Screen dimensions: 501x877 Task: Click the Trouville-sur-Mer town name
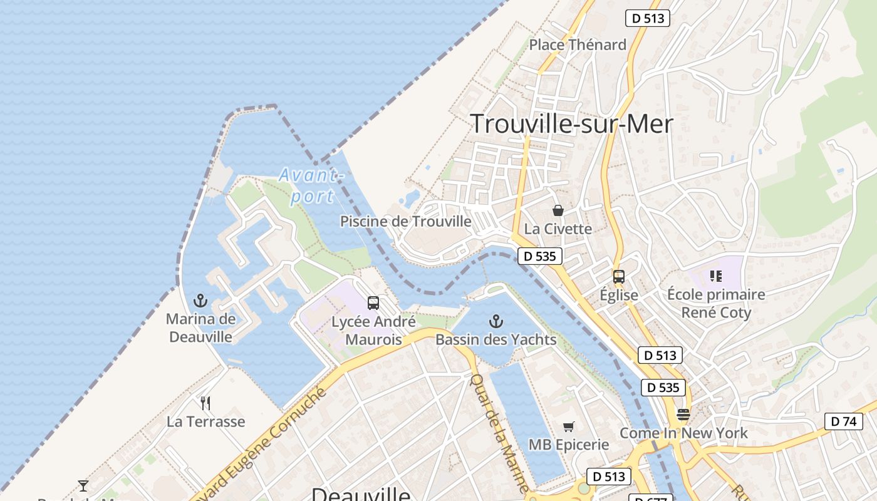(571, 124)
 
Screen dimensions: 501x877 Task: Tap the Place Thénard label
(578, 45)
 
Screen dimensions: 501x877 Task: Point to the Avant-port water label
(311, 185)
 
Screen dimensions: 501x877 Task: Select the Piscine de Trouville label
(405, 221)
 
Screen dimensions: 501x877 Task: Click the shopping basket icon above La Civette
(558, 210)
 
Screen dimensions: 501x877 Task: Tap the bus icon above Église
(619, 276)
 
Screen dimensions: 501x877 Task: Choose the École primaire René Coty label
(716, 303)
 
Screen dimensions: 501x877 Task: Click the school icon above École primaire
(716, 276)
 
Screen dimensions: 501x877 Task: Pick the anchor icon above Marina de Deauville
(200, 301)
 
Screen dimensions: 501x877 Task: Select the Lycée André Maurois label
(373, 331)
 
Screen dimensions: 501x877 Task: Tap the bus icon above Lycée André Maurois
(373, 303)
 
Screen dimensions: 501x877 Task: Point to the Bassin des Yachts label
(496, 339)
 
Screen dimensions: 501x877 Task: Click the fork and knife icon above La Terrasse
(205, 403)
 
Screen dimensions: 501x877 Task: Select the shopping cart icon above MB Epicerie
(568, 427)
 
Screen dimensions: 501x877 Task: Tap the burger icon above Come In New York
(683, 415)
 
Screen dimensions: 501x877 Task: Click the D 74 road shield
(843, 421)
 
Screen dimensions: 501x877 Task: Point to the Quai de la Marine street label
(499, 432)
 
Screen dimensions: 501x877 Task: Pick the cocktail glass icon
(83, 485)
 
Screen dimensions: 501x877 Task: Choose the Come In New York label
(683, 433)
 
